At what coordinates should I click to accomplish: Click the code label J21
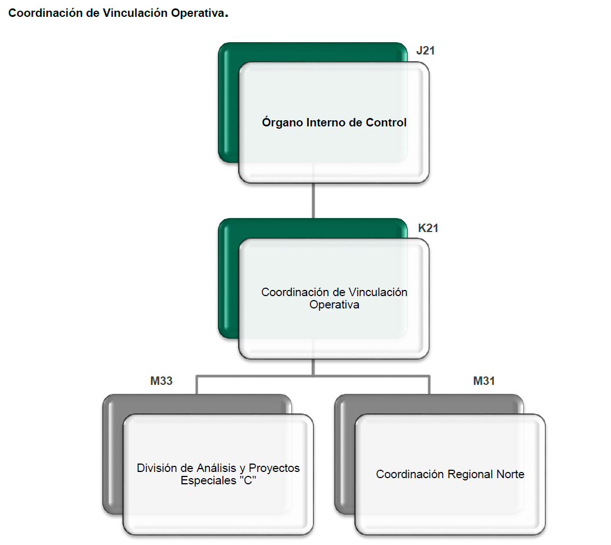(x=426, y=51)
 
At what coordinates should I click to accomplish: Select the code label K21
(x=428, y=228)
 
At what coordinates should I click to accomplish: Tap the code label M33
(x=161, y=381)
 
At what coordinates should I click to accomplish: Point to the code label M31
(x=484, y=381)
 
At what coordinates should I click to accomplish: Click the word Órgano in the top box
(x=282, y=122)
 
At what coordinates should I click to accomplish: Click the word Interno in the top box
(x=326, y=122)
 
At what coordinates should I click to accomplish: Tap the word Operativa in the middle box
(x=334, y=305)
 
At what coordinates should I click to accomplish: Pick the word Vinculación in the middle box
(x=378, y=292)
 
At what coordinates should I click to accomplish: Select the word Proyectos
(x=274, y=468)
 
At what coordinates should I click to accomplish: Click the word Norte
(x=510, y=474)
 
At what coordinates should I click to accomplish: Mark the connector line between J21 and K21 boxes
(x=313, y=200)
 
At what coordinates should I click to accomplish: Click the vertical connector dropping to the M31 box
(x=430, y=385)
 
